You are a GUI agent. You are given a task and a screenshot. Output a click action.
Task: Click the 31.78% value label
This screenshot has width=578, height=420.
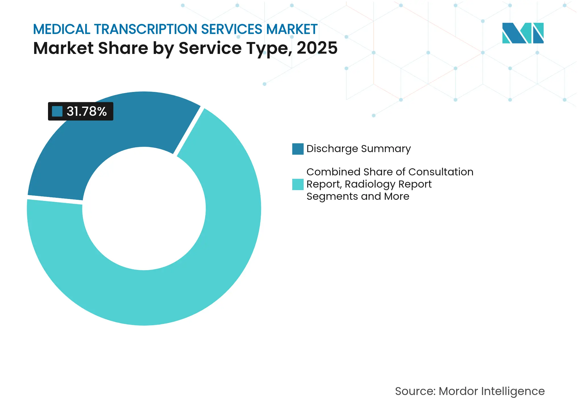point(86,111)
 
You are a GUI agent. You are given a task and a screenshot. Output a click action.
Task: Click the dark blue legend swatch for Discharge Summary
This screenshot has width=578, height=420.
point(298,149)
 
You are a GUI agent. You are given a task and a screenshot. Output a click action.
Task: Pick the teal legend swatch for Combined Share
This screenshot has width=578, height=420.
point(298,184)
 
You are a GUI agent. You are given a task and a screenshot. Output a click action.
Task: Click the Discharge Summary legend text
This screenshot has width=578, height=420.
point(358,149)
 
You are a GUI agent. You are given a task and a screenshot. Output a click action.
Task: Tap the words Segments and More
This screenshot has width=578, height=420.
point(358,196)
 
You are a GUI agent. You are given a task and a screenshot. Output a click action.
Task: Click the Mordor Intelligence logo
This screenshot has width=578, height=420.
point(523,33)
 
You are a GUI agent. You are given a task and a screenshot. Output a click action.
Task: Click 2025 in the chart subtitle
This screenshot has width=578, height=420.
point(317,48)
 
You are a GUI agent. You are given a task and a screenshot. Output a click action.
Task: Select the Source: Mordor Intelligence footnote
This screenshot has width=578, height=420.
point(470,391)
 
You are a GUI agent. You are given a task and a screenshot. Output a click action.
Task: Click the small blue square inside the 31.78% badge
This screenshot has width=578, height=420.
point(57,112)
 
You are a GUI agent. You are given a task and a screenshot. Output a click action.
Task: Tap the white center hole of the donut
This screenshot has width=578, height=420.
point(144,209)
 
